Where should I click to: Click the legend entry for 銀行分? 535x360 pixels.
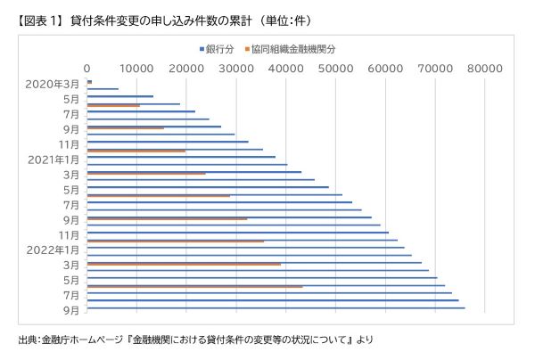click(x=218, y=49)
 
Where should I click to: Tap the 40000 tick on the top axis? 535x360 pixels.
click(x=285, y=68)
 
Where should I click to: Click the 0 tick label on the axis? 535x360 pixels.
click(x=86, y=68)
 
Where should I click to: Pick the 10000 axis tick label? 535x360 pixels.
click(x=136, y=68)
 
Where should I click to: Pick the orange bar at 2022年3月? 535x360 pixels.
click(x=184, y=264)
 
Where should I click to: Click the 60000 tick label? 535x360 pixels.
click(x=385, y=68)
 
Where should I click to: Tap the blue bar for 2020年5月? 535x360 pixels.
click(x=120, y=96)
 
